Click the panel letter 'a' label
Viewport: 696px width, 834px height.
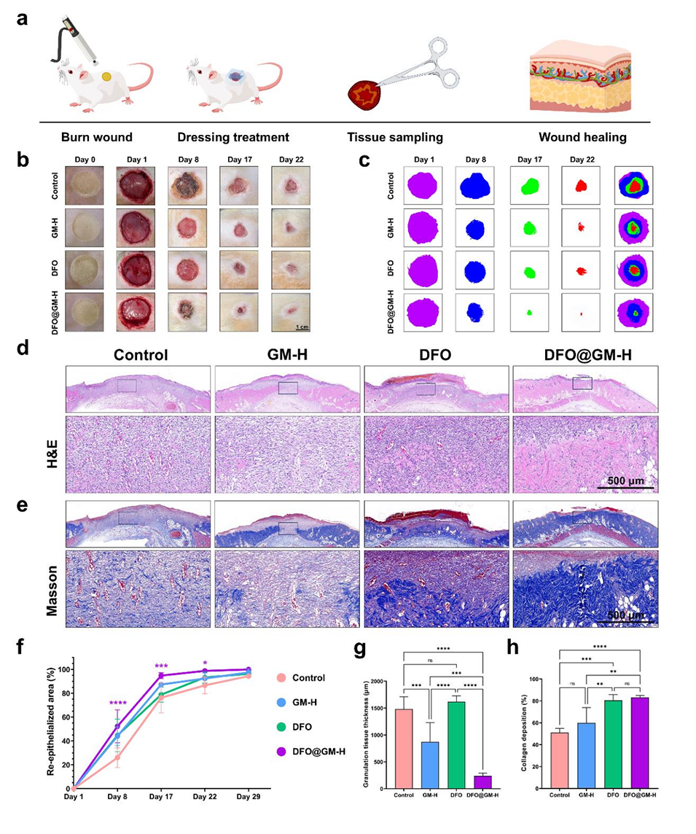click(23, 18)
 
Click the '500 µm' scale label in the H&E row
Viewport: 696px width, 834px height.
click(625, 481)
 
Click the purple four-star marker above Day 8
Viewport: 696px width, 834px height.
click(119, 704)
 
